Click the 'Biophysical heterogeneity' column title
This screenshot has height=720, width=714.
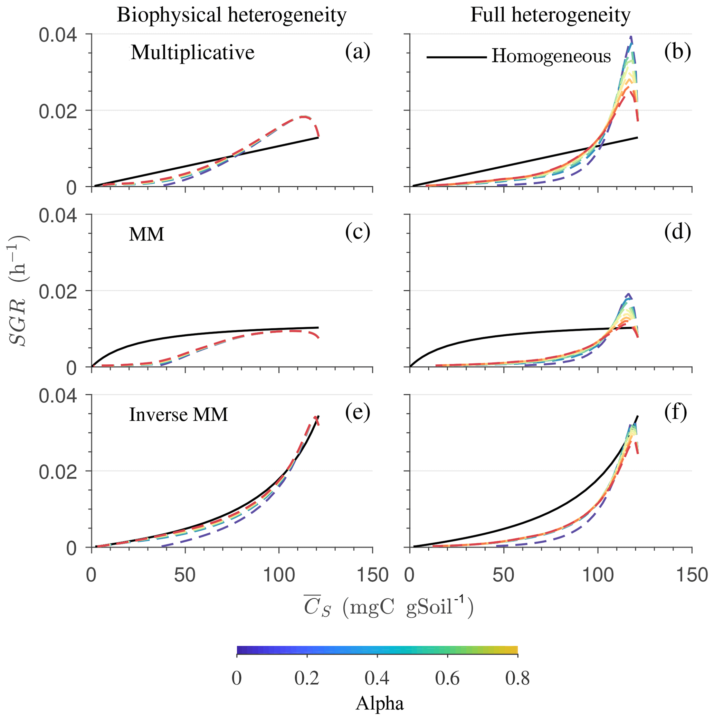pos(231,16)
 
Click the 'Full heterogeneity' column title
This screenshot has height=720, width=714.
pos(550,16)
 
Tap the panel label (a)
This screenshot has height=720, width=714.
pos(357,52)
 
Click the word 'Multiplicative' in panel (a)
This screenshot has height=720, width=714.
pos(192,53)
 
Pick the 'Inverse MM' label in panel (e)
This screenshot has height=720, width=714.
pos(178,415)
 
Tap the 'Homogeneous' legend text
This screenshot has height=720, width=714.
pos(551,57)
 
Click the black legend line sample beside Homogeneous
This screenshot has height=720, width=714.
pos(456,57)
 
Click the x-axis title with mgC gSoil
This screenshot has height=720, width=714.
pos(389,608)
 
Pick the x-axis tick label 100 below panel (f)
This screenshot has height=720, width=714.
pos(598,576)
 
